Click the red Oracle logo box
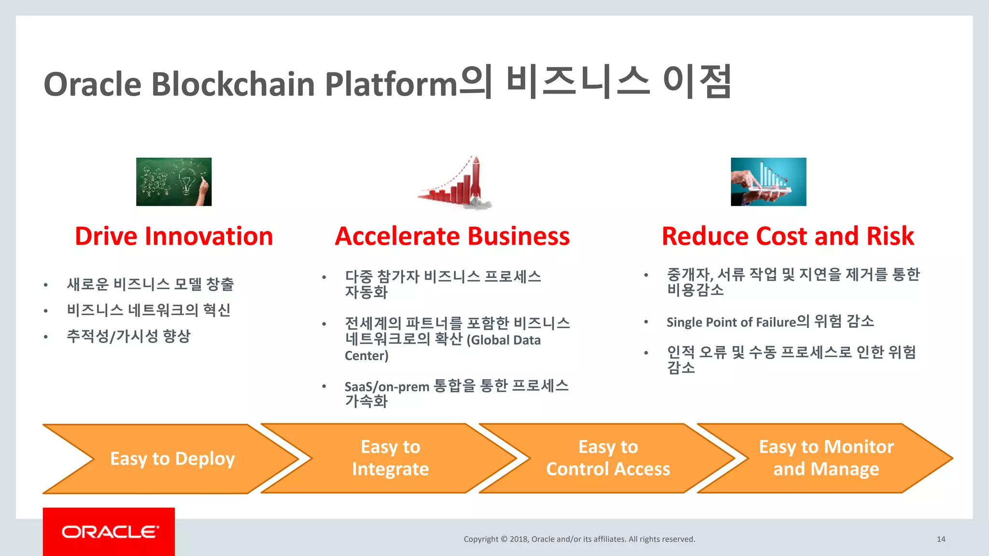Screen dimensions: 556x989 coord(109,531)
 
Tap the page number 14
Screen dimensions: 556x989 coord(941,539)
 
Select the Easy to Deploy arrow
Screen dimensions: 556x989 coord(172,459)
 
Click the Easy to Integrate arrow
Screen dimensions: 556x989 coord(390,458)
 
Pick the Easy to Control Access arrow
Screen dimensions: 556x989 coord(608,458)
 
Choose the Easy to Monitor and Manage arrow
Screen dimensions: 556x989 coord(826,458)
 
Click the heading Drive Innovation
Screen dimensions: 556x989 coord(174,236)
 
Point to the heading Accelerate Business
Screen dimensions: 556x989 coord(452,236)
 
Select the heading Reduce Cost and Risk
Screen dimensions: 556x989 coord(788,236)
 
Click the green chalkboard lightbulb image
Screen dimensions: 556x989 coord(174,182)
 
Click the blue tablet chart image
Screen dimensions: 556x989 coord(768,182)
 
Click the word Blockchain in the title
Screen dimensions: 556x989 coord(233,84)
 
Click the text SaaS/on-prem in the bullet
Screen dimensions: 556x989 coord(387,387)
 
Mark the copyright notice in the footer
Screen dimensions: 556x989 coord(579,539)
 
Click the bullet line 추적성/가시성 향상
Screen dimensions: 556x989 coord(128,336)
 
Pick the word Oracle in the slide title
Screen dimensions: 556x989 coord(92,84)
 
